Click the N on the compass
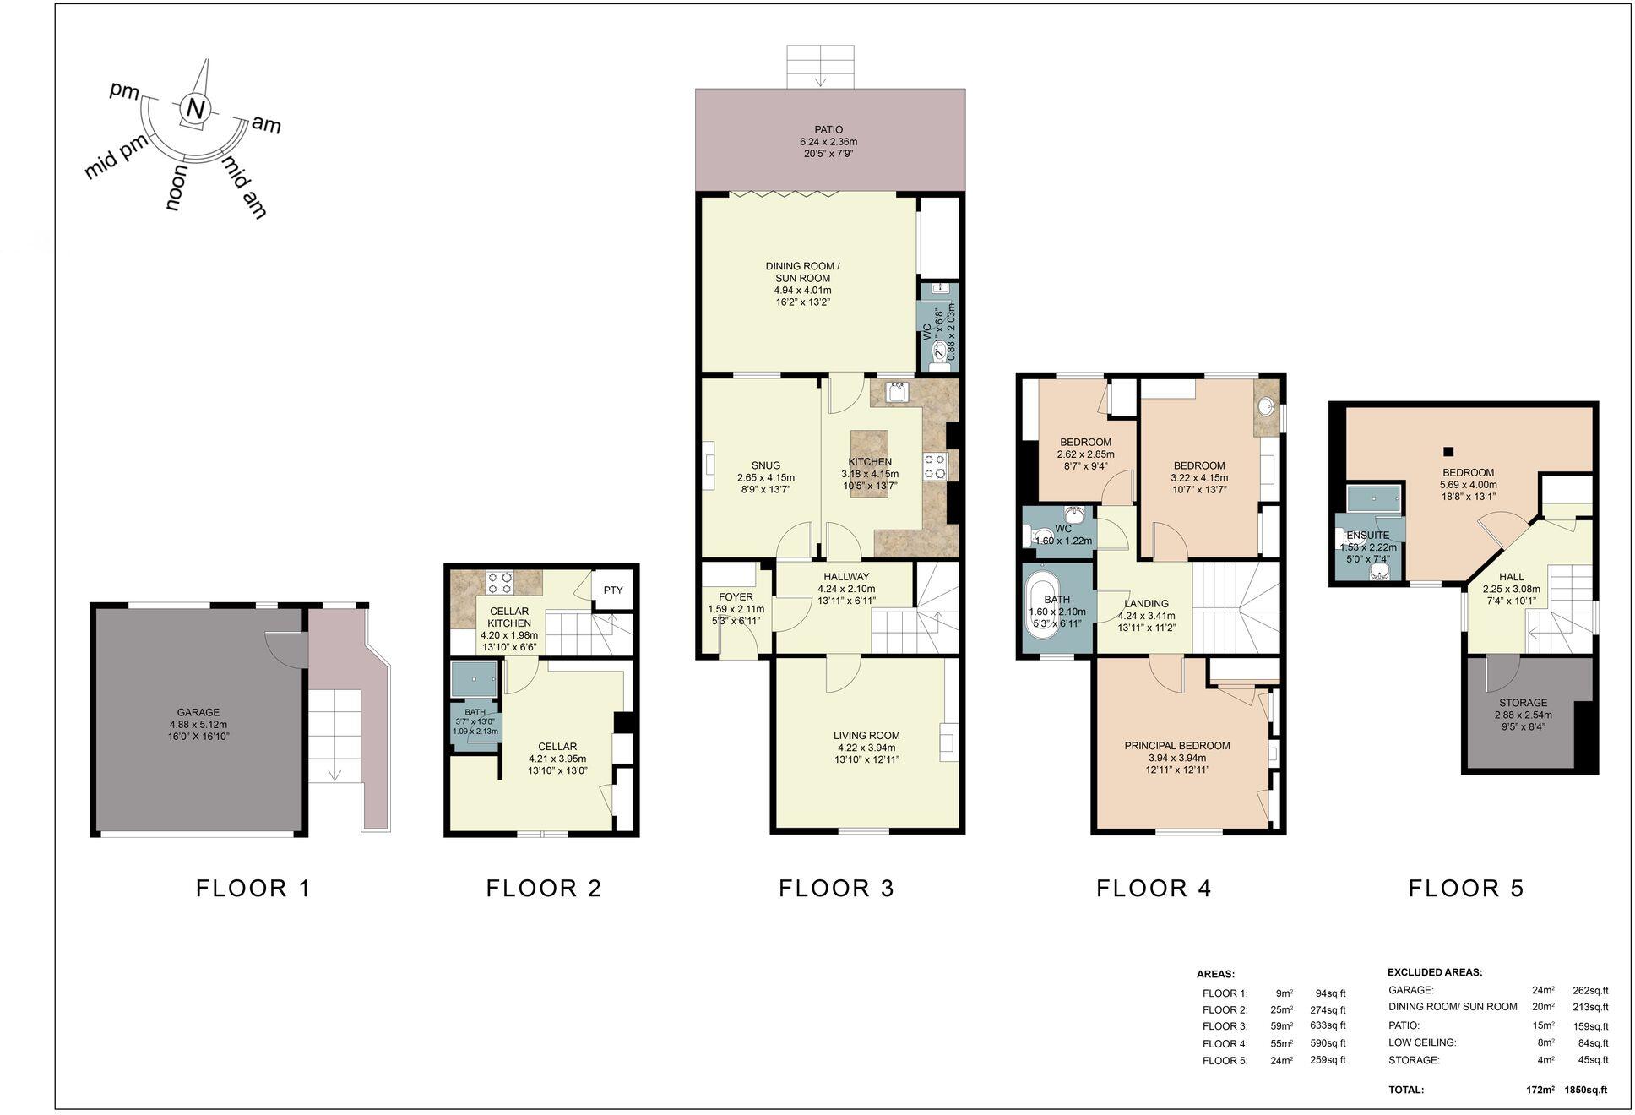coord(195,109)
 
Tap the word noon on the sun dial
coord(177,188)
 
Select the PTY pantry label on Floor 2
coord(613,590)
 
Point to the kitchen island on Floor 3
coord(869,463)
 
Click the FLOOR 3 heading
coord(835,888)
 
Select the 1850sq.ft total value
coord(1585,1090)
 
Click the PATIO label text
coord(828,129)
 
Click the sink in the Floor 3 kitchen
coord(897,393)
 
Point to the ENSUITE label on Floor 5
coord(1367,535)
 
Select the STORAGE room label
coord(1523,702)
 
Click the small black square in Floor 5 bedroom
coord(1448,451)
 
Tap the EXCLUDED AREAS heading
coord(1435,972)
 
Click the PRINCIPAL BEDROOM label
coord(1176,746)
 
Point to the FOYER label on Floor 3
coord(735,596)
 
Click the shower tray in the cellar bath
coord(474,678)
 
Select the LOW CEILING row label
coord(1422,1042)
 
